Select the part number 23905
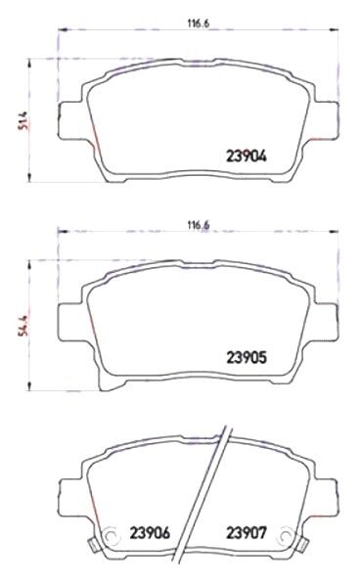[247, 358]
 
